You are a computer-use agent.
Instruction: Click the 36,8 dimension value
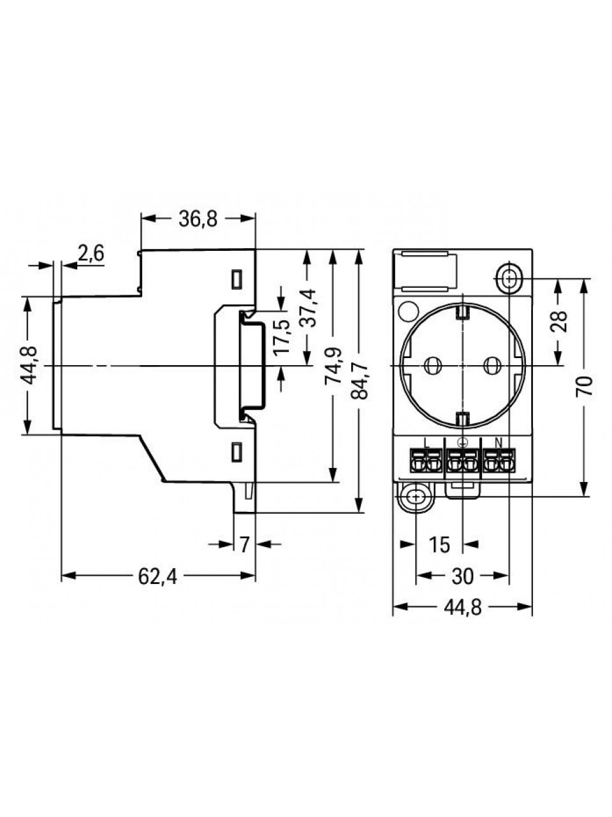point(198,219)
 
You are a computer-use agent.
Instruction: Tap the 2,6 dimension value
point(91,253)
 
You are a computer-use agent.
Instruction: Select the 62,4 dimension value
point(158,576)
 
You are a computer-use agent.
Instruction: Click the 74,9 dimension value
point(333,366)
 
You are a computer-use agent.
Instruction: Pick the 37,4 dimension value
point(309,308)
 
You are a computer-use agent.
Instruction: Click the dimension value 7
point(244,545)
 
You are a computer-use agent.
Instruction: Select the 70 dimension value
point(584,386)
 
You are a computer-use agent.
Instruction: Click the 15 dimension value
point(440,545)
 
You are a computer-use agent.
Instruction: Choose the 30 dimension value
point(463,576)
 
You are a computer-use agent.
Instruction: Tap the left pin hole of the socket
point(432,366)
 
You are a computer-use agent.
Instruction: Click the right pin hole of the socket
point(493,366)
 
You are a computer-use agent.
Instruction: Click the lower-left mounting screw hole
point(416,497)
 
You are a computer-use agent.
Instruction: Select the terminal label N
point(499,442)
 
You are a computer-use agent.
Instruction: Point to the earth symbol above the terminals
point(463,442)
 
